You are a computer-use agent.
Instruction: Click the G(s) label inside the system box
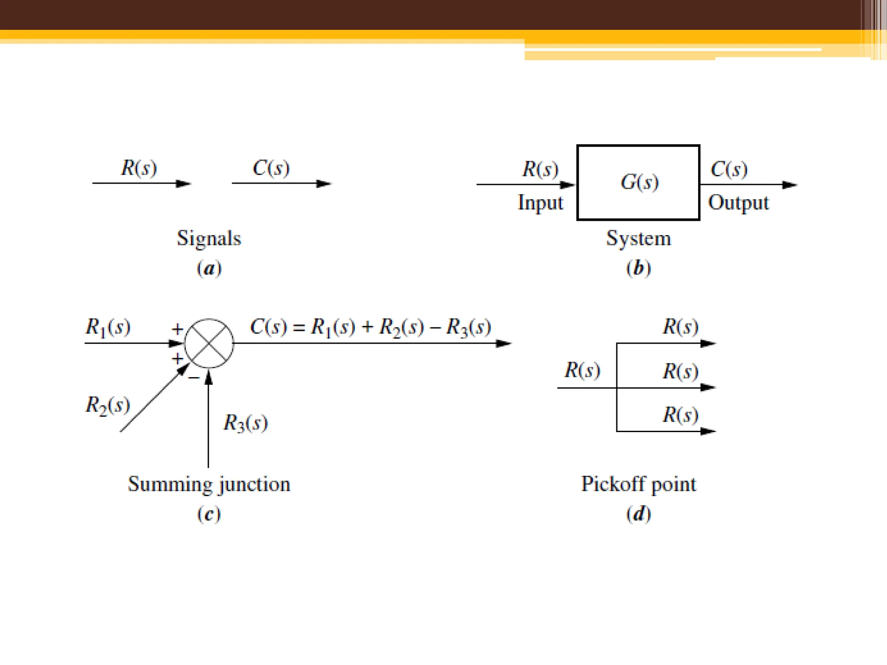pos(639,182)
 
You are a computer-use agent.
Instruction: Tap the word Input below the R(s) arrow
pos(541,203)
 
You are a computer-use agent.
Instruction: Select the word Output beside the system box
pos(738,203)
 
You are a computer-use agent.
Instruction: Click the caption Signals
pos(209,239)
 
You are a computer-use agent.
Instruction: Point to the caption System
pos(638,239)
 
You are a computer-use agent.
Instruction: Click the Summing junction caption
pos(209,484)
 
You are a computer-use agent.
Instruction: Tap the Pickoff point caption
pos(638,484)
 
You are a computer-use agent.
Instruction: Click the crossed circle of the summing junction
pos(209,343)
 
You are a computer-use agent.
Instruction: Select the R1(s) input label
pos(108,327)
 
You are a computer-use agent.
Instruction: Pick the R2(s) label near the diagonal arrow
pos(108,405)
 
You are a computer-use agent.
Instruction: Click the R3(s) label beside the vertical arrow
pos(246,423)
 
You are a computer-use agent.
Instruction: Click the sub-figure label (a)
pos(209,268)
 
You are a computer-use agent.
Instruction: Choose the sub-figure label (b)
pos(638,268)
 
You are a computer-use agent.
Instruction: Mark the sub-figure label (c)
pos(209,514)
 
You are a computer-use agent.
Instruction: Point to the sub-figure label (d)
pos(638,514)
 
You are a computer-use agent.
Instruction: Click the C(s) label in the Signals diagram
pos(271,168)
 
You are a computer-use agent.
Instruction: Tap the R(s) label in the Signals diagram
pos(139,168)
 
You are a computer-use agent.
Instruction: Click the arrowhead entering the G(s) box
pos(568,185)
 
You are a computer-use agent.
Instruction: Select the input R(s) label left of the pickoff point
pos(582,371)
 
